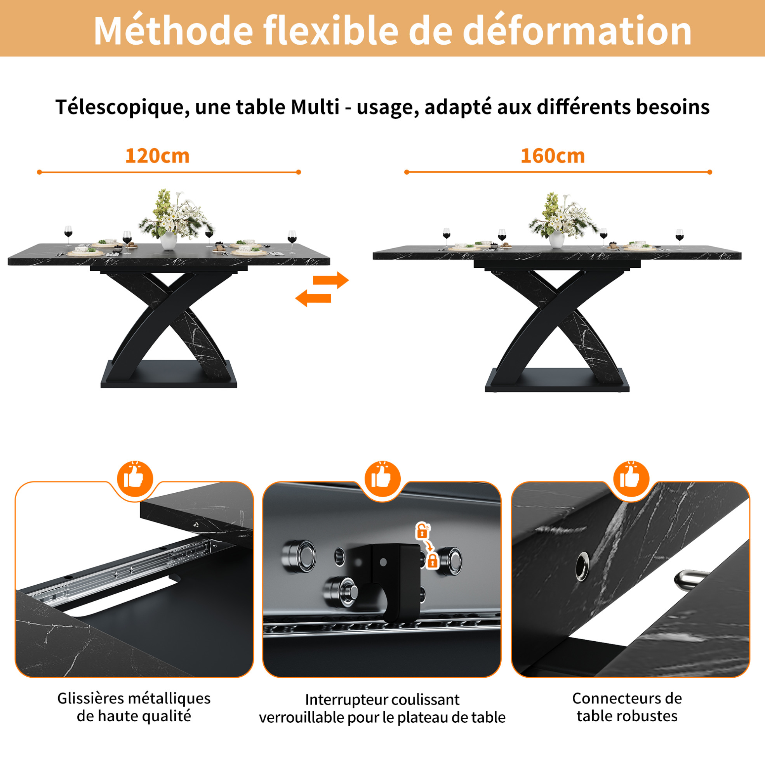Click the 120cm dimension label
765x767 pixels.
coord(157,156)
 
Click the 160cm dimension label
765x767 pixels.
coord(553,156)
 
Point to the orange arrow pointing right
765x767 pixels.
coord(330,280)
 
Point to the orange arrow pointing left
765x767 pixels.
coord(313,298)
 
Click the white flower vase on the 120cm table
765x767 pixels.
coord(169,241)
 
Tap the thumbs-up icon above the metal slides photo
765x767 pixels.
coord(135,479)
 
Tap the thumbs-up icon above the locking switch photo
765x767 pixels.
coord(382,479)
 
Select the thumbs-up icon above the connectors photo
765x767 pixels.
coord(631,479)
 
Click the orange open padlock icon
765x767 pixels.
coord(422,531)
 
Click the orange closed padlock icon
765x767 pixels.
coord(432,561)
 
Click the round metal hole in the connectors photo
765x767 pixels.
coord(582,565)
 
